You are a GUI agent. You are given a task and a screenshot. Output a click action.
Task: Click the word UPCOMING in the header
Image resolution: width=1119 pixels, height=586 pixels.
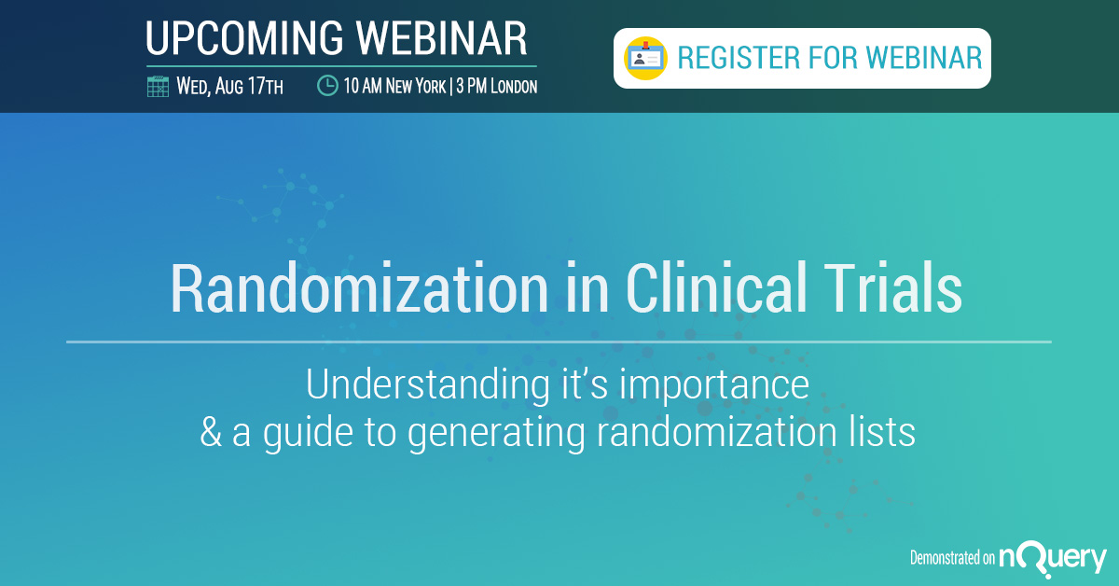tap(244, 38)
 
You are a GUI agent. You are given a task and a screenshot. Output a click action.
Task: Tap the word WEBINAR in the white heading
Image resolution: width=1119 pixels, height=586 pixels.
tap(442, 38)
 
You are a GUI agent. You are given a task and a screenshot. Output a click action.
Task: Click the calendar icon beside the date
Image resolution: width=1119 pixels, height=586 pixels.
tap(158, 87)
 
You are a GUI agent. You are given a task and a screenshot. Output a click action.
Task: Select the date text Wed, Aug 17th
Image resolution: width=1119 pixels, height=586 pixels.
tap(229, 86)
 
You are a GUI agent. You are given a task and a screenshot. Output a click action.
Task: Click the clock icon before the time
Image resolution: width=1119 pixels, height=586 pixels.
tap(327, 86)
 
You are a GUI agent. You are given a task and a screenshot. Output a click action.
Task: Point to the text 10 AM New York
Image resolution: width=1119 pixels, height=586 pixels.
tap(394, 86)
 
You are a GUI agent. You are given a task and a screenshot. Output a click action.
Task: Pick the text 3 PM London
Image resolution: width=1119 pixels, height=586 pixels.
tap(497, 86)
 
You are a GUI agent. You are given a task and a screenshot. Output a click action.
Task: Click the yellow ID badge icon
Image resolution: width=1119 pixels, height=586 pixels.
tap(645, 58)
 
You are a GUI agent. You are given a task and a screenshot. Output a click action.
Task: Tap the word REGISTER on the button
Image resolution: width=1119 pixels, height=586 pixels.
tap(739, 58)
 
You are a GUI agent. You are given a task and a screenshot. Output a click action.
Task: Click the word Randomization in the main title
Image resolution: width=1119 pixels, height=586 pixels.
tap(359, 288)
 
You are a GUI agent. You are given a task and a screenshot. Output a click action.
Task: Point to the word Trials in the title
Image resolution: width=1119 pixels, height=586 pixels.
tap(892, 288)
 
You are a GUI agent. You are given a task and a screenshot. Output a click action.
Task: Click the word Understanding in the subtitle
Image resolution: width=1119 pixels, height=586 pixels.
tap(428, 384)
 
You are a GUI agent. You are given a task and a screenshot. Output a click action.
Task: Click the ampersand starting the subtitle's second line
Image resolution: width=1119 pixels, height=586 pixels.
tap(211, 432)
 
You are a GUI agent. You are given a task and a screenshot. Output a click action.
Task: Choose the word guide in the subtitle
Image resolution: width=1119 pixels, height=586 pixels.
tap(309, 433)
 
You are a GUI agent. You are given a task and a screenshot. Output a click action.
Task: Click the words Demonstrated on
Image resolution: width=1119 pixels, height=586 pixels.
tap(952, 557)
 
